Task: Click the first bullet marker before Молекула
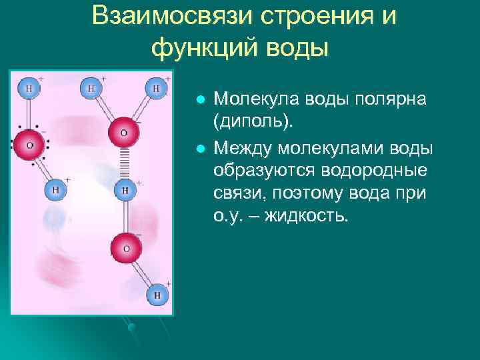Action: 199,99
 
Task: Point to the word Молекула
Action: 253,99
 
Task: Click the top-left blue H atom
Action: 29,87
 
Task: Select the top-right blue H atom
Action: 156,87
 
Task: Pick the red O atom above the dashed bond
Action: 123,132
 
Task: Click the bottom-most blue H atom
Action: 157,294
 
